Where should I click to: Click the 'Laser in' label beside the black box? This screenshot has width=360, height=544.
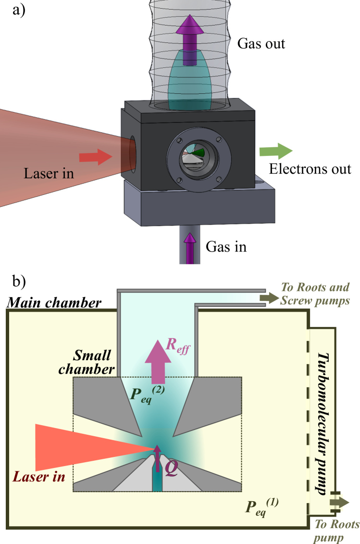point(49,173)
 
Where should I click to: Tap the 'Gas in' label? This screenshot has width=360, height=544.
point(226,246)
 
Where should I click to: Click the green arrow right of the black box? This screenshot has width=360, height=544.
point(275,151)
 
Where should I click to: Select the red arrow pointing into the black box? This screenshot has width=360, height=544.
point(95,156)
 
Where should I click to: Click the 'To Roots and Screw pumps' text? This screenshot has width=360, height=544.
point(314,294)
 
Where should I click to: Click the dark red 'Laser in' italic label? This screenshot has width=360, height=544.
point(39,477)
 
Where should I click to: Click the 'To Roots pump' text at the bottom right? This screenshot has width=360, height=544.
point(336,531)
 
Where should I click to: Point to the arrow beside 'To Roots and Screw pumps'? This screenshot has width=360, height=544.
point(269,298)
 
